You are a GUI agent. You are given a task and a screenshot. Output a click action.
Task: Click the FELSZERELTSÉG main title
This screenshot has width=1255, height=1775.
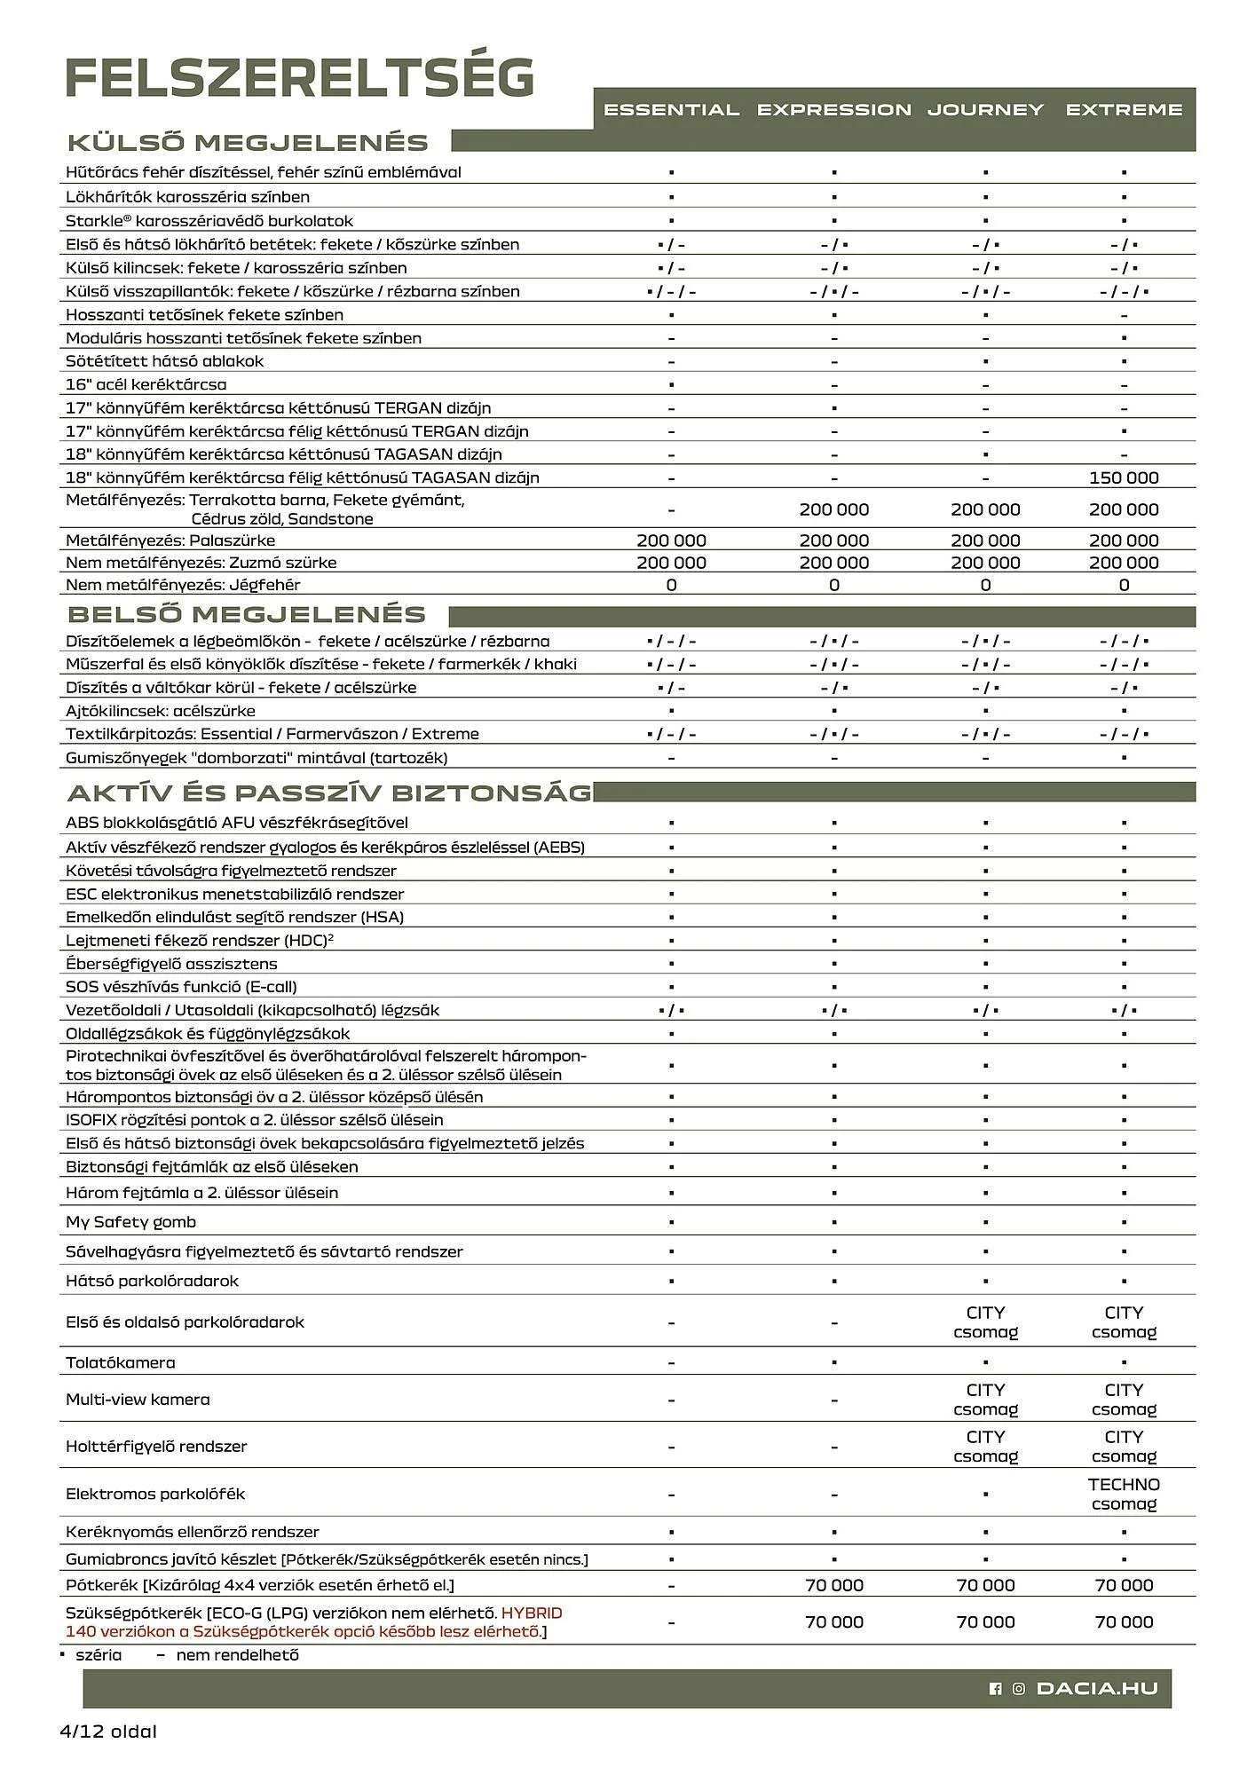300,78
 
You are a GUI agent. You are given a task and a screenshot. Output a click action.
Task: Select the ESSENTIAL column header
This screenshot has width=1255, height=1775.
671,110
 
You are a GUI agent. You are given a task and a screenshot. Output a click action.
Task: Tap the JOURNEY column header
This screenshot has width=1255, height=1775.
985,110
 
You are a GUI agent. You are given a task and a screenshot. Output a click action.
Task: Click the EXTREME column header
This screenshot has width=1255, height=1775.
1124,110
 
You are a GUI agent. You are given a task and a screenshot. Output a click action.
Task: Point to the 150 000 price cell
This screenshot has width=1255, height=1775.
1124,477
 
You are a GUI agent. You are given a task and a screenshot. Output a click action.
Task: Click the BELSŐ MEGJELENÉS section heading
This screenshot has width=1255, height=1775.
247,614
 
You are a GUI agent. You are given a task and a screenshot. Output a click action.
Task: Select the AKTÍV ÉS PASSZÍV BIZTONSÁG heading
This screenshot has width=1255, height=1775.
329,793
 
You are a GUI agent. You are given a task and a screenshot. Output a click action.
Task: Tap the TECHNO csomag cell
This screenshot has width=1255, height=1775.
1124,1494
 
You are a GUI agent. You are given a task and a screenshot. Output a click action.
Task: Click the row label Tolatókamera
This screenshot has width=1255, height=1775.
121,1362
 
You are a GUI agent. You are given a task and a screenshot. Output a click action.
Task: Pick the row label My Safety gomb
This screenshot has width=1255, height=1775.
130,1222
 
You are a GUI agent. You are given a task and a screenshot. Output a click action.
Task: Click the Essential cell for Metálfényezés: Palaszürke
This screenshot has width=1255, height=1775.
671,540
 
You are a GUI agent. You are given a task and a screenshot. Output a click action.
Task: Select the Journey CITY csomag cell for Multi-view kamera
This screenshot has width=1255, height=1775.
985,1400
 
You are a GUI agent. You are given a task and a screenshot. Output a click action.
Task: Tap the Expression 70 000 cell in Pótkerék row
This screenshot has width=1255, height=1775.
833,1585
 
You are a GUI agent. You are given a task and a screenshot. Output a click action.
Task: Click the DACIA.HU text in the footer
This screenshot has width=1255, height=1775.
1097,1689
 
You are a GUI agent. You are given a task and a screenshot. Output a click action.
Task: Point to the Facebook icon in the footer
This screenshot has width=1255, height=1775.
995,1689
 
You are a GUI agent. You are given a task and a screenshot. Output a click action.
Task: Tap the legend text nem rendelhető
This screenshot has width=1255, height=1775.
237,1655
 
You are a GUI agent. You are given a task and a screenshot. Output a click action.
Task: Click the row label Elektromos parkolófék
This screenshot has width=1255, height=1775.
155,1494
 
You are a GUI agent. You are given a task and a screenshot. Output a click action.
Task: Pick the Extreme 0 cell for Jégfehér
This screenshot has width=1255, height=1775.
1124,585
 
